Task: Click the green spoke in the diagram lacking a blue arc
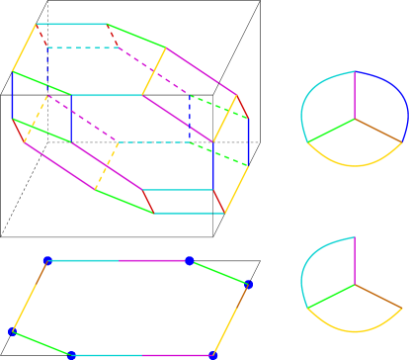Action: [x=331, y=297]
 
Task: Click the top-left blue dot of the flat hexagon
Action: [x=47, y=261]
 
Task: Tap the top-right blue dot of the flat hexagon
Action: [x=189, y=261]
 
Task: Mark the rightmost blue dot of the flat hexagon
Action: [x=248, y=284]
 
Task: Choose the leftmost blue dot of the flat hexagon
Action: [x=11, y=331]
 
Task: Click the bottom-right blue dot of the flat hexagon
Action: [x=212, y=354]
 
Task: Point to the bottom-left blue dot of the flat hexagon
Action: [x=71, y=354]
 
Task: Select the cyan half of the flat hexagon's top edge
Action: [x=84, y=261]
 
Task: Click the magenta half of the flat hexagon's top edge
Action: [x=153, y=261]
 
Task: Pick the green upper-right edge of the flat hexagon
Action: [x=218, y=272]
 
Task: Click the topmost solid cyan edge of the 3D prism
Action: [x=72, y=24]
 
